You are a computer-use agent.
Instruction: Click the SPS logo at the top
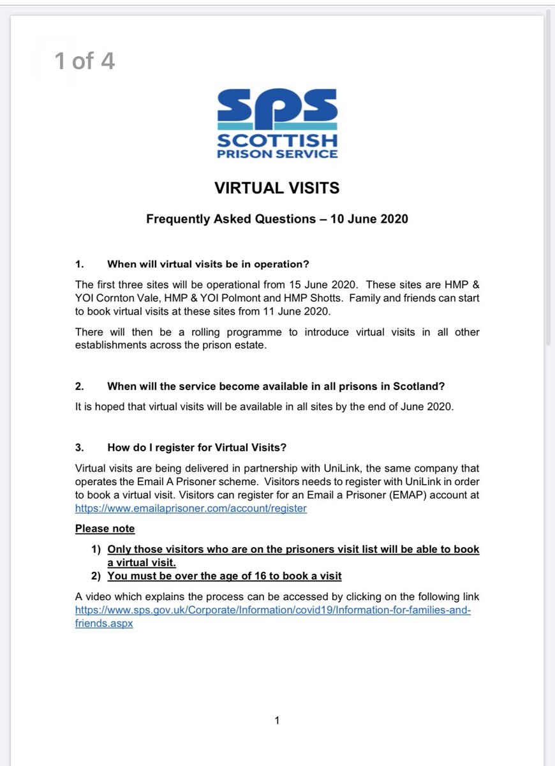[277, 123]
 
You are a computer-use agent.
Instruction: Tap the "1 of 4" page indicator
[84, 61]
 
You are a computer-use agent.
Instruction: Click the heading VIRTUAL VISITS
[277, 188]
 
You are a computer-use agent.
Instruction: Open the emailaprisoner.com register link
[191, 509]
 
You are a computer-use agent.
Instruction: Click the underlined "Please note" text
[105, 529]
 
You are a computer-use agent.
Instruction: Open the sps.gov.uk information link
[272, 610]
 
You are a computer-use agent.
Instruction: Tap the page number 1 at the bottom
[277, 721]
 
